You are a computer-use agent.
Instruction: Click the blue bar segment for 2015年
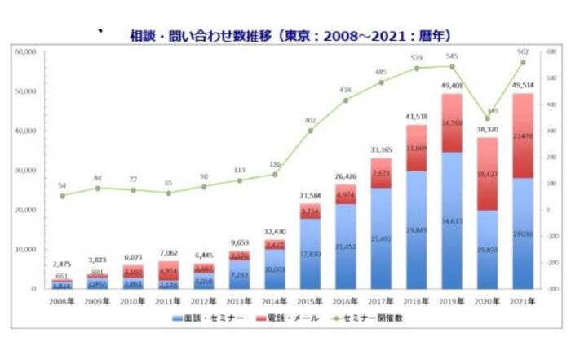click(310, 253)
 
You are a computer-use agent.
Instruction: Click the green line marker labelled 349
click(488, 118)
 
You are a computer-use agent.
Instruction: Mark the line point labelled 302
click(310, 131)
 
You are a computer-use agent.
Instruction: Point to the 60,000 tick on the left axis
click(25, 51)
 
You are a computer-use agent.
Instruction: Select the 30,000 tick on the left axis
click(25, 171)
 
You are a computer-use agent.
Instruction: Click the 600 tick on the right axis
click(551, 51)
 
